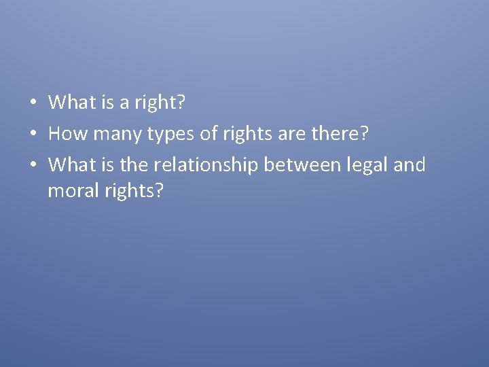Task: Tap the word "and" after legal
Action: click(x=410, y=164)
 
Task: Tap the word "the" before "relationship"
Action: click(x=133, y=164)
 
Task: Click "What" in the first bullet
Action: click(x=72, y=103)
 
